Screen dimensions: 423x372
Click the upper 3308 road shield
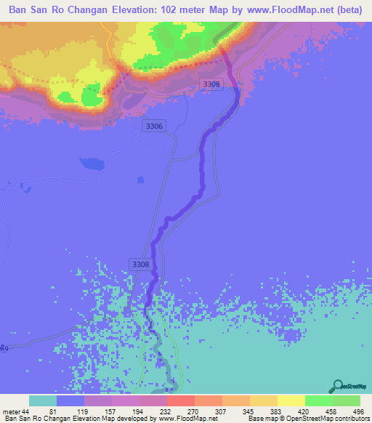coord(211,84)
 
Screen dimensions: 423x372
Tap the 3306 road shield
coord(155,126)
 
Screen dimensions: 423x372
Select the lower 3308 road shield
coord(141,264)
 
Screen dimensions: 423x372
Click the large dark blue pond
coord(91,164)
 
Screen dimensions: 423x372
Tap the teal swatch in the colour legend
coord(43,400)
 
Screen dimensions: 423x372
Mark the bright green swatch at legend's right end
coord(347,400)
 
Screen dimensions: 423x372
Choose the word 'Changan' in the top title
coord(96,10)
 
